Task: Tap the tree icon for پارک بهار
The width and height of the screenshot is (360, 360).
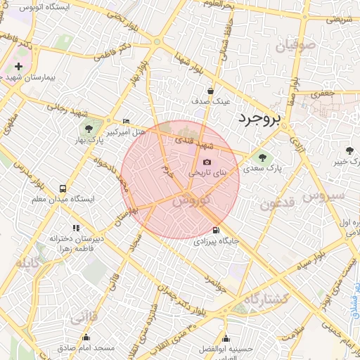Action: point(89,128)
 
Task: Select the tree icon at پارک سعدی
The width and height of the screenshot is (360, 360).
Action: point(263,157)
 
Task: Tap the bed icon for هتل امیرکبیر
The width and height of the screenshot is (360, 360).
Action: point(126,121)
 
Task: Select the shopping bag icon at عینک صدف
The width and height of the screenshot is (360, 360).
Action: point(210,91)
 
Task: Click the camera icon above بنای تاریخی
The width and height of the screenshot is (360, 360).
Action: point(207,162)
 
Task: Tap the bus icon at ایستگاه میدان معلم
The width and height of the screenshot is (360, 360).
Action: point(63,188)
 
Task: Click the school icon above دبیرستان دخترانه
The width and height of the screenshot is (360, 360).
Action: point(76,228)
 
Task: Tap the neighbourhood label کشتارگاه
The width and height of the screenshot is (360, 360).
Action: point(266,299)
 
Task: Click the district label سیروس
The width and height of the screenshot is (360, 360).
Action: point(324,195)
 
